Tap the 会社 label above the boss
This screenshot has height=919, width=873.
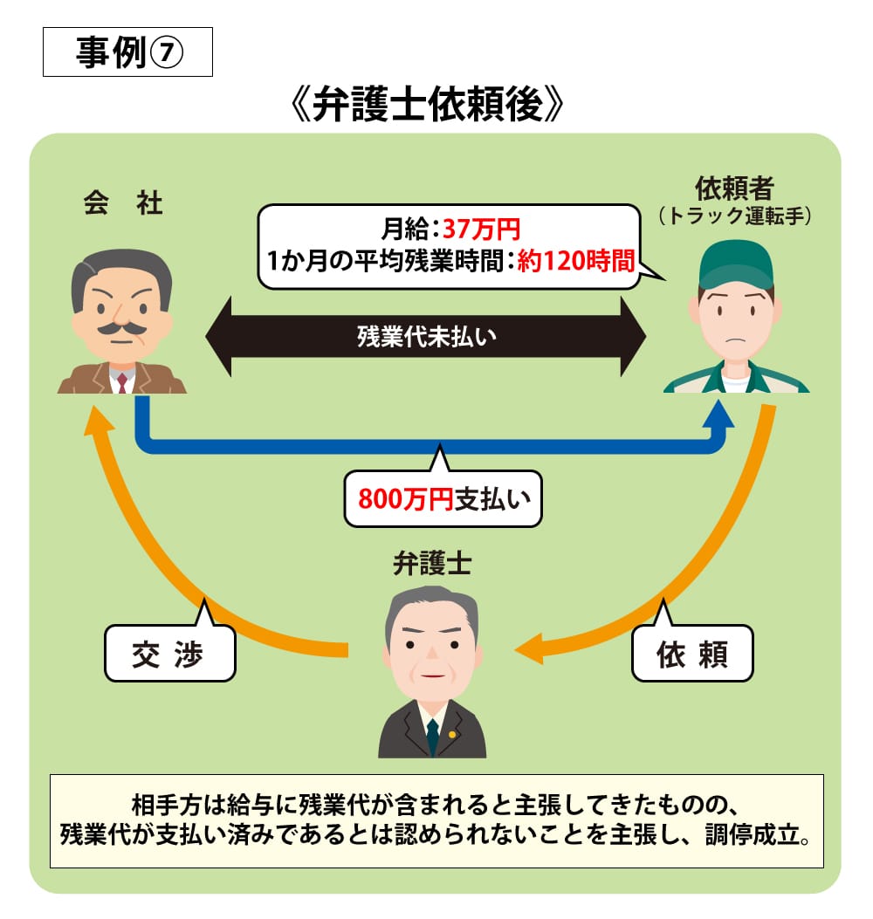coord(123,204)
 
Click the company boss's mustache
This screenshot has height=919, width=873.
coord(120,329)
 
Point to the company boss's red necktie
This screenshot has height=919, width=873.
coord(121,381)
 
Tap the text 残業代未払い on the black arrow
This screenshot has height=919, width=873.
coord(426,337)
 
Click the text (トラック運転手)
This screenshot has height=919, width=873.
coord(734,215)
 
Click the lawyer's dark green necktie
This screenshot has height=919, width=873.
coord(432,733)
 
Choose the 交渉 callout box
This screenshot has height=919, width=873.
coord(168,654)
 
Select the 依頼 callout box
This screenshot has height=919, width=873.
coord(691,654)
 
